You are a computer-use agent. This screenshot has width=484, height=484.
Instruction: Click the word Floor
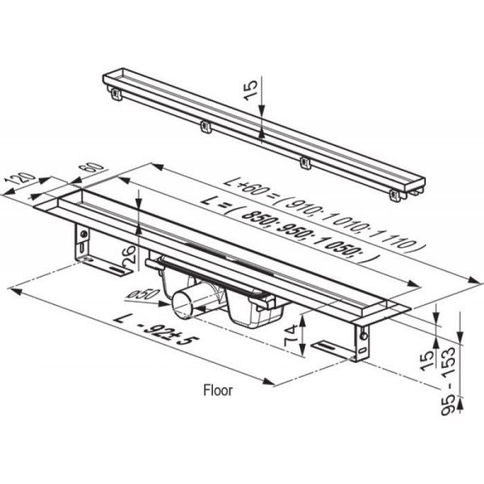(x=218, y=390)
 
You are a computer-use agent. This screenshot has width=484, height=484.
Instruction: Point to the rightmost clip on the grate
(x=395, y=194)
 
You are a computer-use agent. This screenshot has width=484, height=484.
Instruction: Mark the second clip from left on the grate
(x=205, y=127)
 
